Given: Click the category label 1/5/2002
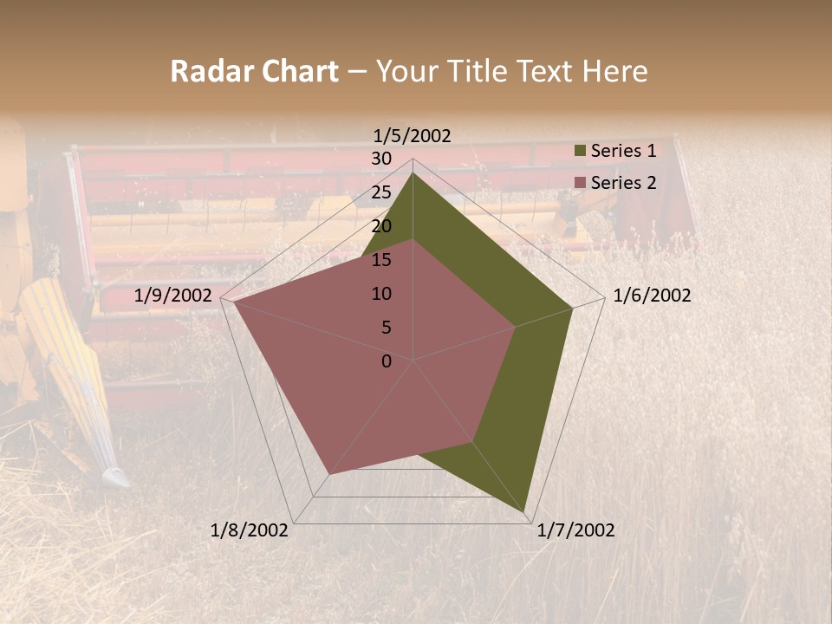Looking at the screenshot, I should pos(413,135).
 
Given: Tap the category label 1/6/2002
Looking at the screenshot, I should pos(652,296).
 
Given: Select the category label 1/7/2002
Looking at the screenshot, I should pos(575,530).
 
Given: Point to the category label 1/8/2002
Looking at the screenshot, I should pos(250,530).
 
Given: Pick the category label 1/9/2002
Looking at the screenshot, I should pos(173,296).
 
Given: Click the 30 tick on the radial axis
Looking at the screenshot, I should pos(381,159).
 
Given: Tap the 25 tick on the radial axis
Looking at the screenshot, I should pos(381,192).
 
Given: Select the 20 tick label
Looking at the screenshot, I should pos(381,226).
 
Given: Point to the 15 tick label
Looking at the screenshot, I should pos(381,260).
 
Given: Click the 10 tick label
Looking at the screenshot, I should pos(381,294).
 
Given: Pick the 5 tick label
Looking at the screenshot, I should pos(386,328).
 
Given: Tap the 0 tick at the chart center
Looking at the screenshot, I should pos(387,361).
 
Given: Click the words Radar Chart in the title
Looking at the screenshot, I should pos(254,72).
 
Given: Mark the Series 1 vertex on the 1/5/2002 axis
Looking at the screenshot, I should pos(413,173).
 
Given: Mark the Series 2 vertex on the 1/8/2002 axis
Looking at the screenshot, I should pos(329,474).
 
